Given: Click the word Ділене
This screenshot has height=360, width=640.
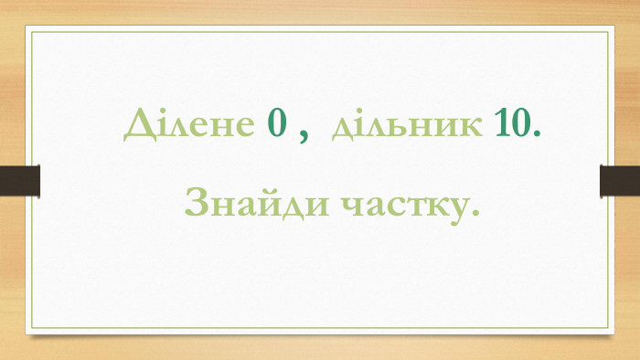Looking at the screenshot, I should [x=189, y=125].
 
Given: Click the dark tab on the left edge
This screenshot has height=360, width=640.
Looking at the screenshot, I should [x=20, y=180].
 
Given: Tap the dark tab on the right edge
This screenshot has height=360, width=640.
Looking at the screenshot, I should [x=619, y=180].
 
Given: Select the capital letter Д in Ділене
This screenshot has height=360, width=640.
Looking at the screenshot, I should [x=138, y=125].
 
